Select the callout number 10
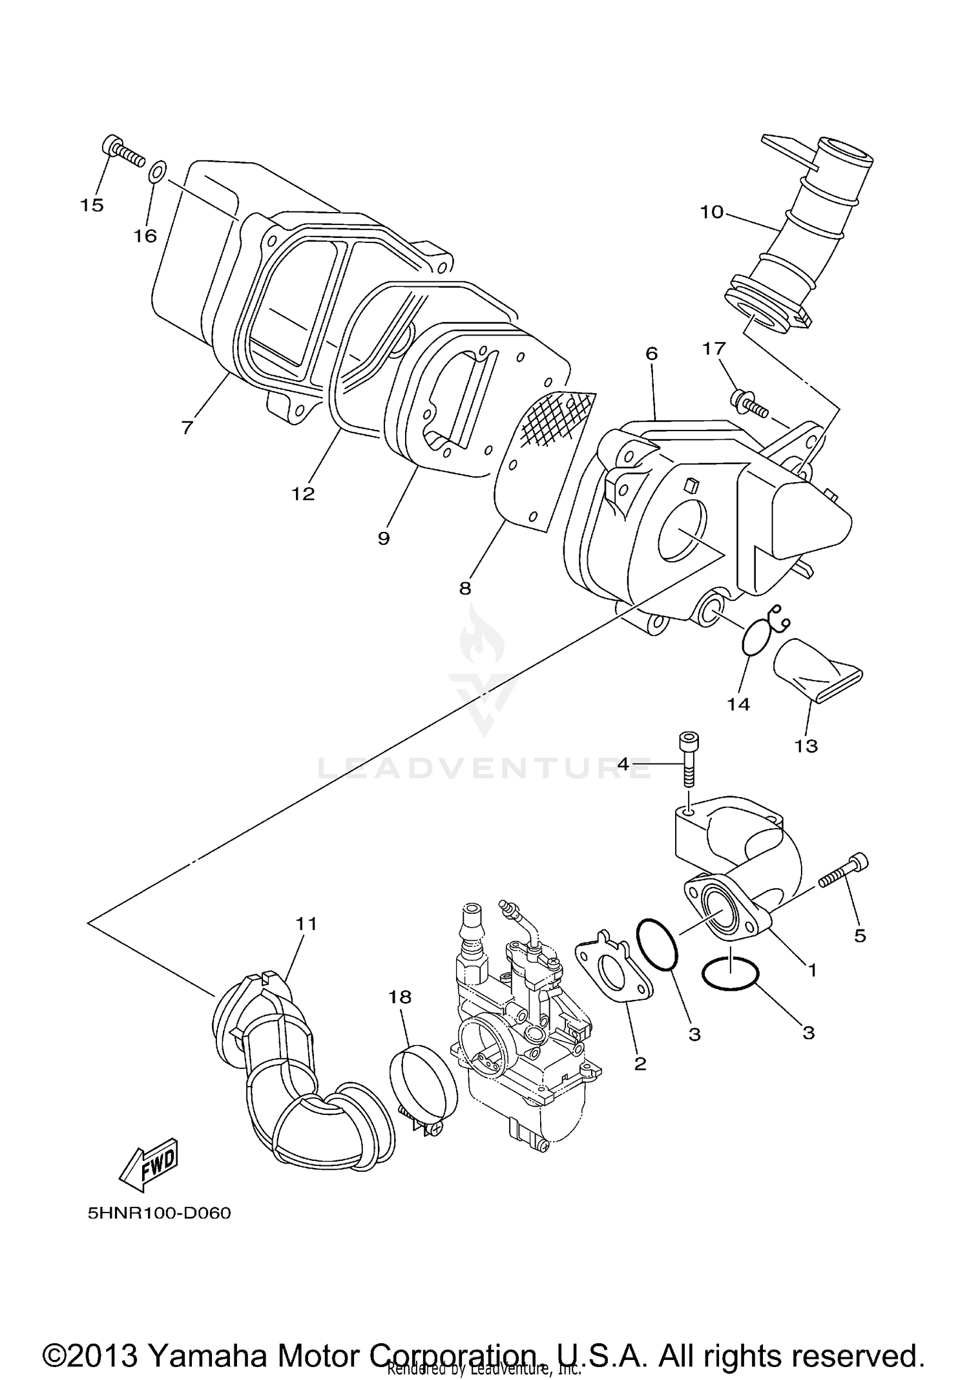point(712,212)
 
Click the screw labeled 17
point(748,402)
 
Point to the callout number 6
point(651,353)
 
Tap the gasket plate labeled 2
point(614,977)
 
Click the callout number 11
point(307,924)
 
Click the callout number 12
point(302,494)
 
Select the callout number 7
point(187,427)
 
